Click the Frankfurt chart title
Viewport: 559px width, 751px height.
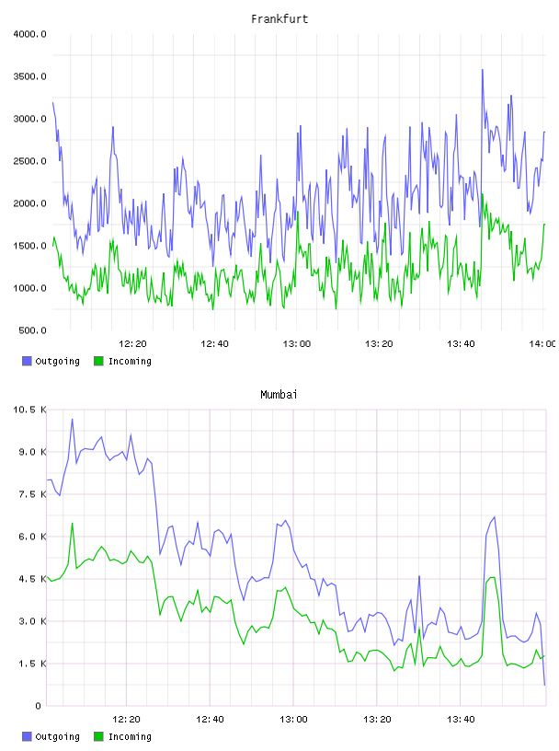point(279,19)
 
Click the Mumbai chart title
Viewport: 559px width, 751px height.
point(279,395)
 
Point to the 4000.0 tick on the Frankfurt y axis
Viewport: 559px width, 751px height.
point(30,34)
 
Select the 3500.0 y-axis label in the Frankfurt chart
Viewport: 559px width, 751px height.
point(30,76)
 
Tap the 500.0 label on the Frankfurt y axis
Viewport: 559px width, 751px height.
point(32,330)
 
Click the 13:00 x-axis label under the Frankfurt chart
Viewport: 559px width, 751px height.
point(297,344)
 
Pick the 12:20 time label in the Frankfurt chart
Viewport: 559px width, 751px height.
point(132,344)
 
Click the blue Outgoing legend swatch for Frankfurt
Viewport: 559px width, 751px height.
point(27,361)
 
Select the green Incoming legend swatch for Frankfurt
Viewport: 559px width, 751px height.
point(98,361)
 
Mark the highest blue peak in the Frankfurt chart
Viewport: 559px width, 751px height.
point(483,70)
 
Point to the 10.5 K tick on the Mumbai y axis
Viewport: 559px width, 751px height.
point(30,410)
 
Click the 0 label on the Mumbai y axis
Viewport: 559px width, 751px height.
point(38,706)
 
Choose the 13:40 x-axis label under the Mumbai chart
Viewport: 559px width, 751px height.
point(461,720)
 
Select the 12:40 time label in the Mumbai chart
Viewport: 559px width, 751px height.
point(211,720)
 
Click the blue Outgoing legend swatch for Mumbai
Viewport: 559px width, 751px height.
point(27,736)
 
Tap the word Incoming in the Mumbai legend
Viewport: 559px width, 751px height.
point(130,737)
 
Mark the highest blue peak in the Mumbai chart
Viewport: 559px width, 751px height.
point(73,420)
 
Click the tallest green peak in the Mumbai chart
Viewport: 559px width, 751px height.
point(73,524)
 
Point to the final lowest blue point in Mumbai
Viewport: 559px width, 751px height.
point(544,685)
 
